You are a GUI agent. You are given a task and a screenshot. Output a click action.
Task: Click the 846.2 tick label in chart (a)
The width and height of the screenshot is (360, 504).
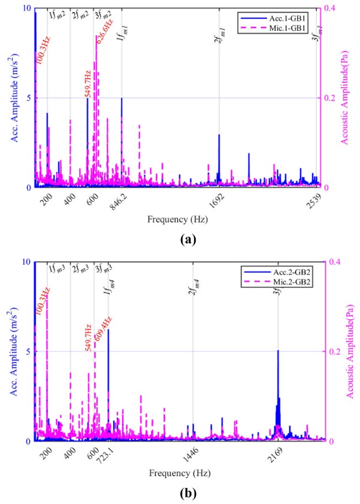click(x=117, y=202)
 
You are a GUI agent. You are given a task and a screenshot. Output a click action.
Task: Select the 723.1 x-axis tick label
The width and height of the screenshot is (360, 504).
click(x=104, y=455)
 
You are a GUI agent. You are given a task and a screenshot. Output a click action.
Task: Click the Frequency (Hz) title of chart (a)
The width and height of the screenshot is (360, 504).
click(x=178, y=219)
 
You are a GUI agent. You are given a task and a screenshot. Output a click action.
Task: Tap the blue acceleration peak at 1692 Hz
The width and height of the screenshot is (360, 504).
click(x=219, y=135)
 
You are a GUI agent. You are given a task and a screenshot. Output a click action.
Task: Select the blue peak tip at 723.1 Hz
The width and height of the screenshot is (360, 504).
click(x=108, y=330)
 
